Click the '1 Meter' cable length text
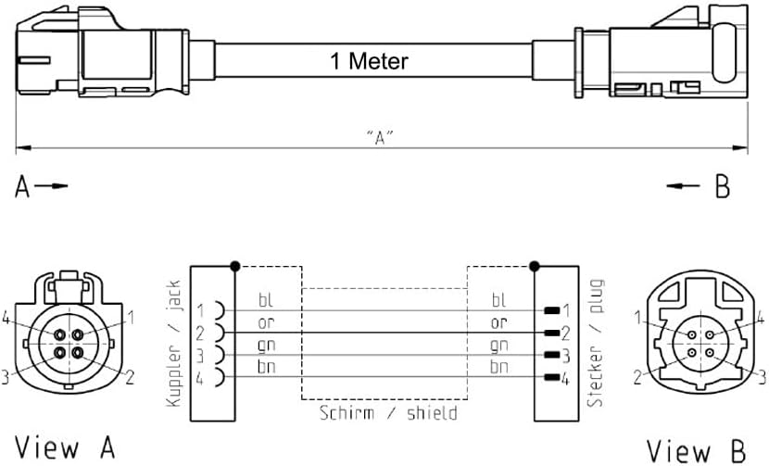(369, 62)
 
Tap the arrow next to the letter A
(57, 186)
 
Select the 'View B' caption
(696, 449)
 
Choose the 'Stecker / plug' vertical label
(595, 343)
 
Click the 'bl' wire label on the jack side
(266, 301)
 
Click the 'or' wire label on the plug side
(499, 323)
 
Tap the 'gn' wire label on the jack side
(266, 346)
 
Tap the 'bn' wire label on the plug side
(499, 368)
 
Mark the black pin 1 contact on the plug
(552, 310)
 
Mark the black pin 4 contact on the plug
(552, 377)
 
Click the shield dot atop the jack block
(235, 267)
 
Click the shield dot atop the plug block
(535, 267)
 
